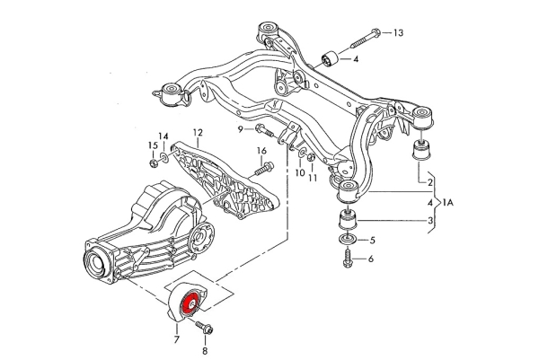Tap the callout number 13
pyautogui.click(x=398, y=33)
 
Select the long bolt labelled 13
pyautogui.click(x=366, y=38)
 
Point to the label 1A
pyautogui.click(x=448, y=203)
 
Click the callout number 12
pyautogui.click(x=198, y=132)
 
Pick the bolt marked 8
pyautogui.click(x=204, y=328)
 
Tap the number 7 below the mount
pyautogui.click(x=177, y=339)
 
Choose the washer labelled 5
pyautogui.click(x=349, y=240)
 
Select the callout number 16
pyautogui.click(x=261, y=151)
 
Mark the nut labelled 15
pyautogui.click(x=154, y=162)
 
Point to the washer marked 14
pyautogui.click(x=164, y=158)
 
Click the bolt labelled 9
pyautogui.click(x=266, y=131)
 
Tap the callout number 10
pyautogui.click(x=300, y=172)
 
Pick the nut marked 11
pyautogui.click(x=312, y=157)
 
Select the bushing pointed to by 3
pyautogui.click(x=349, y=219)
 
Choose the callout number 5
pyautogui.click(x=373, y=241)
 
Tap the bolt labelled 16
pyautogui.click(x=264, y=169)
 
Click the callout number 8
pyautogui.click(x=205, y=351)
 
